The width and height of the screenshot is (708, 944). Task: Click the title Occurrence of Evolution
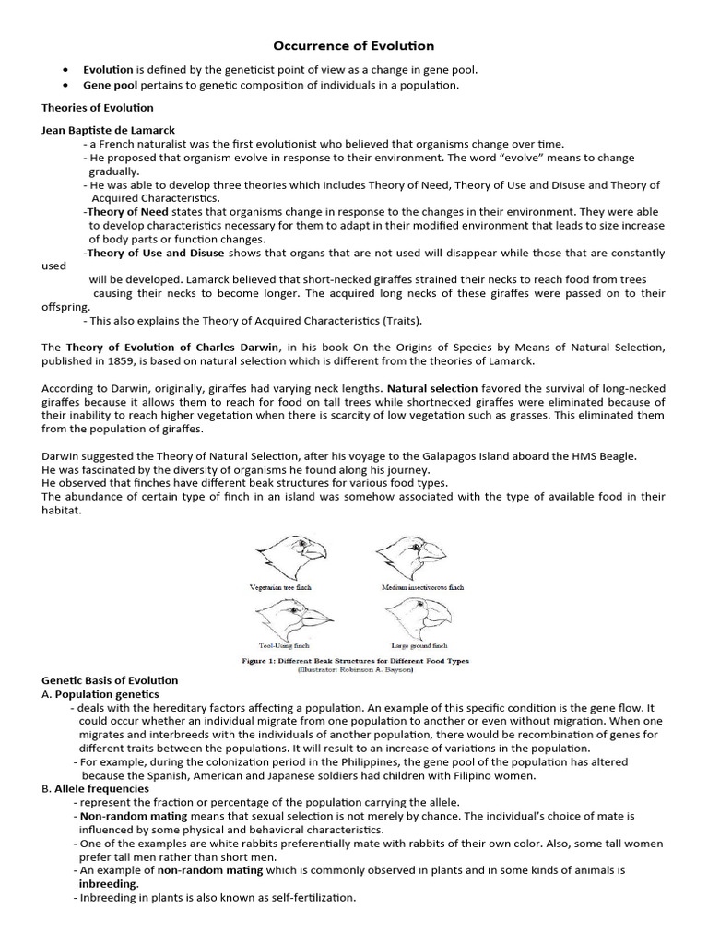353,45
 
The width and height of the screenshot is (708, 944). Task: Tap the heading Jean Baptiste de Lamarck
108,130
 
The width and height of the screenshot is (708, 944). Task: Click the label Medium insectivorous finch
422,587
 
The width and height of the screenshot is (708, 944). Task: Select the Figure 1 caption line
355,661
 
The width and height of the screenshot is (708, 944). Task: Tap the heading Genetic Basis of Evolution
110,680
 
